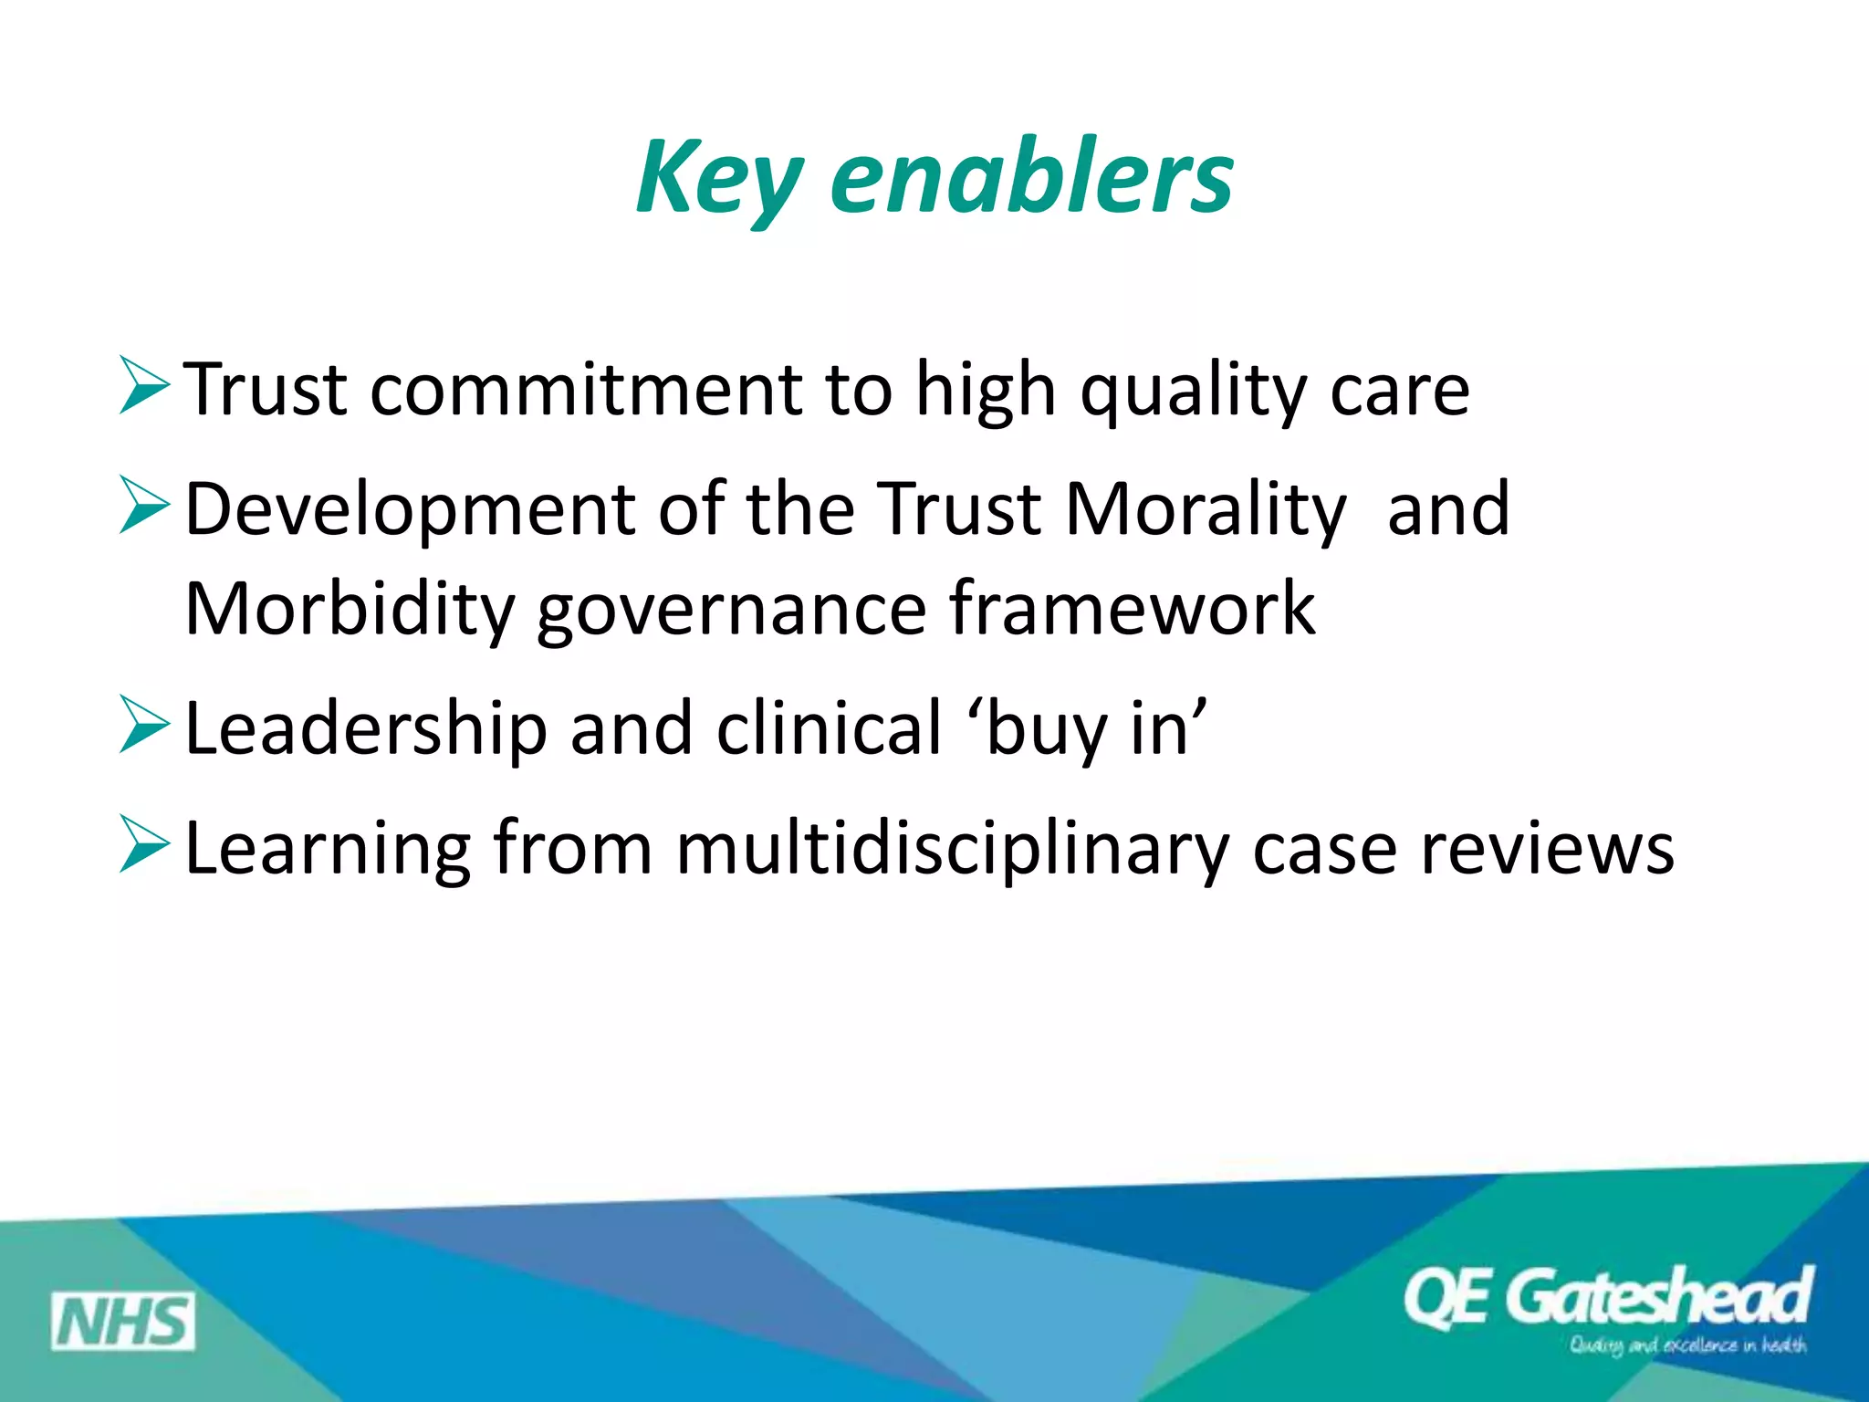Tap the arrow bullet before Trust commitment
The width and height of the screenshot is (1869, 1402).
[144, 387]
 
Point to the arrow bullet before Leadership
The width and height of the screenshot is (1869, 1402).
[144, 726]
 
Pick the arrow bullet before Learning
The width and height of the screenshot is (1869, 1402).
[144, 845]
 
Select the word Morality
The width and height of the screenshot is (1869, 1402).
[1206, 509]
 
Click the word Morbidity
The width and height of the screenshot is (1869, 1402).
[350, 610]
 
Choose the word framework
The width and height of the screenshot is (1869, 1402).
[1132, 608]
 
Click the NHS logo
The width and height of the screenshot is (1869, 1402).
[122, 1321]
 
